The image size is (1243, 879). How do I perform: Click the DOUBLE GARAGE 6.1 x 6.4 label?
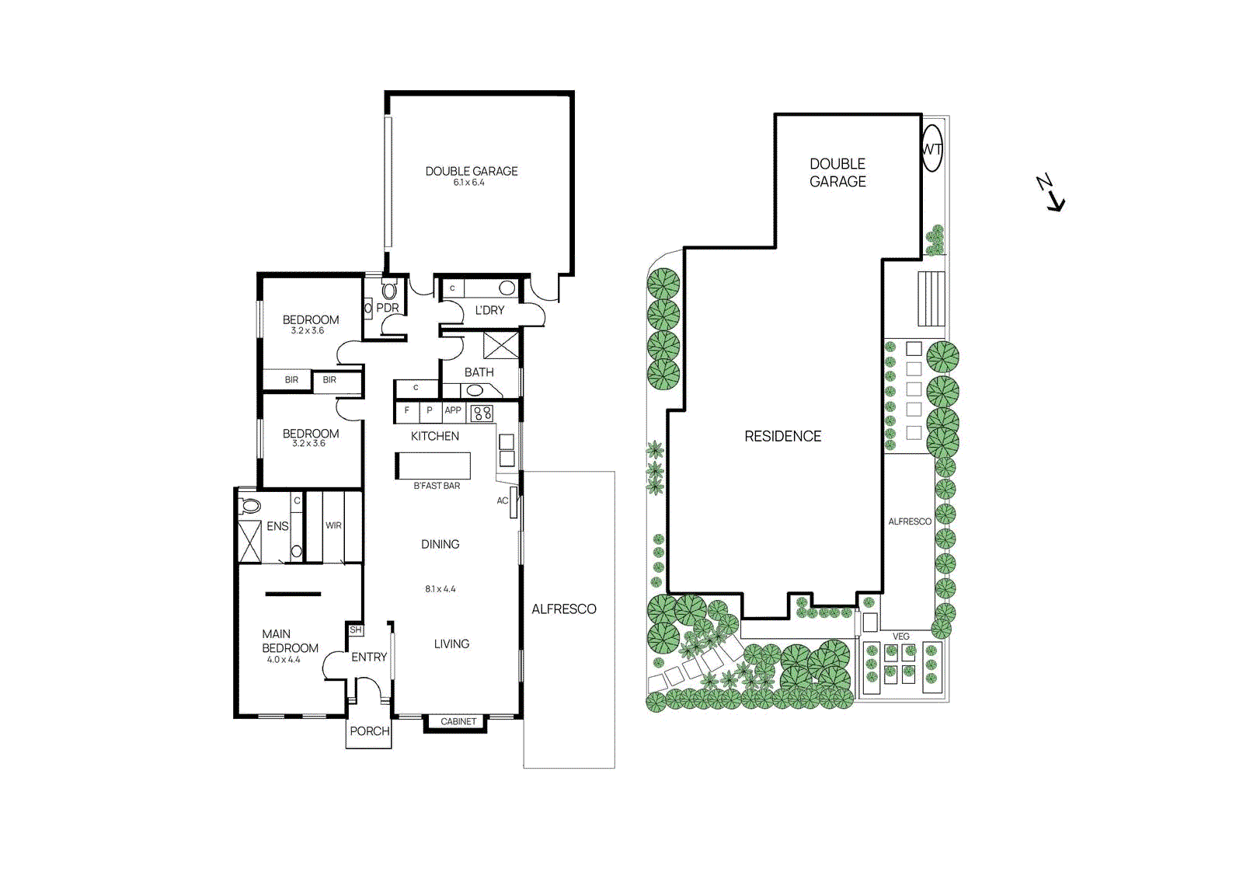471,176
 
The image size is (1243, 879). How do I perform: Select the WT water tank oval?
931,148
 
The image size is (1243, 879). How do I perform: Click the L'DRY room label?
489,310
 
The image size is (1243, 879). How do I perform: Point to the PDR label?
387,308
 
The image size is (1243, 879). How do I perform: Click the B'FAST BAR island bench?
433,466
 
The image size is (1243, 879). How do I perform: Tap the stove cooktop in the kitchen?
482,413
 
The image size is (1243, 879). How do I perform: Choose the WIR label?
333,525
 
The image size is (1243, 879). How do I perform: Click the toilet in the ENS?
249,506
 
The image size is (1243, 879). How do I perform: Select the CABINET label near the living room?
458,722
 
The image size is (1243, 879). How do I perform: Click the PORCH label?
369,731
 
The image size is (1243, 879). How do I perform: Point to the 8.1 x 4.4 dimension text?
440,589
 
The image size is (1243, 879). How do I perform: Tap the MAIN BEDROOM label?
289,641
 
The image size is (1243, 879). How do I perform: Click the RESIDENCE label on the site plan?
782,437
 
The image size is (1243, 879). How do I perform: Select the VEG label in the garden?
900,637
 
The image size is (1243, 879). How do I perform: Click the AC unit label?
503,501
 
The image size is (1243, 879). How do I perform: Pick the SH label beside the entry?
356,630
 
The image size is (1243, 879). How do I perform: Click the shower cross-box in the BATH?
500,344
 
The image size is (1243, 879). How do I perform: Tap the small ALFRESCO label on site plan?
910,521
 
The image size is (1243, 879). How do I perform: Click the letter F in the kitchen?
406,410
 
